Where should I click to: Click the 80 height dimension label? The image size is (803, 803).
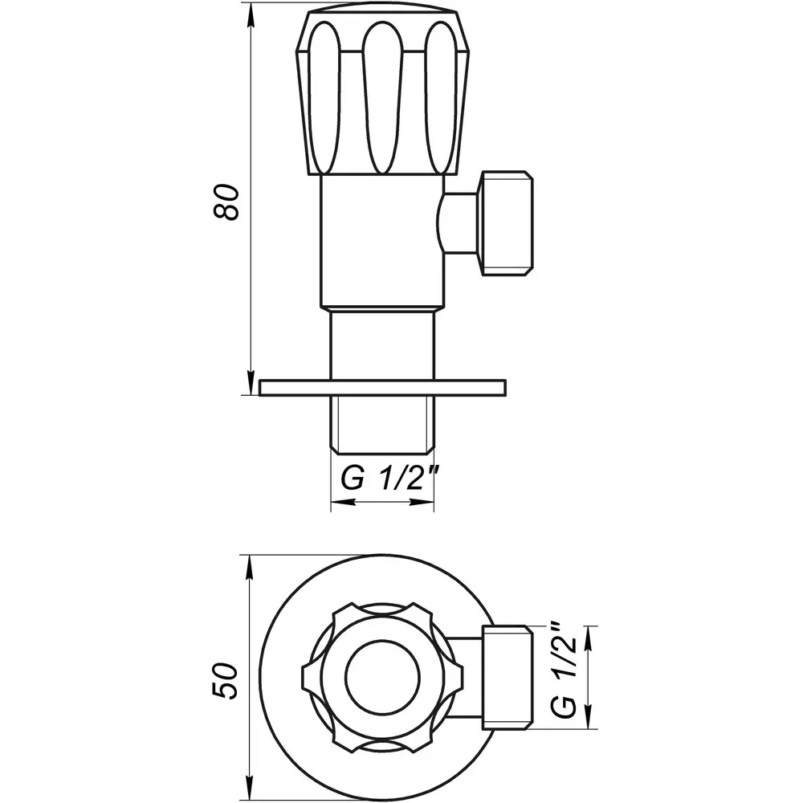pyautogui.click(x=226, y=202)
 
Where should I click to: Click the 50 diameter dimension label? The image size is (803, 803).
pyautogui.click(x=226, y=681)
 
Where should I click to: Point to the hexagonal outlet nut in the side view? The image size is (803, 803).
pyautogui.click(x=505, y=224)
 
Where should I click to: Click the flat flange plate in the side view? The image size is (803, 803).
pyautogui.click(x=383, y=388)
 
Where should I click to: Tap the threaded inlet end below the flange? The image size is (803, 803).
pyautogui.click(x=382, y=425)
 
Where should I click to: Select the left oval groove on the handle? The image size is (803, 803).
pyautogui.click(x=324, y=97)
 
